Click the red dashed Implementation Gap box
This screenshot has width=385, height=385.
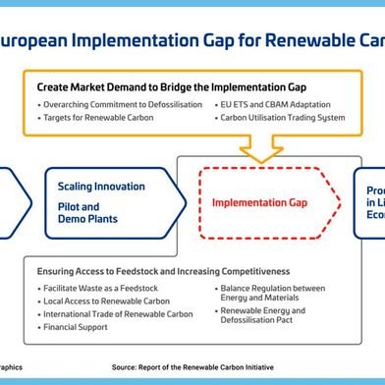[260, 203]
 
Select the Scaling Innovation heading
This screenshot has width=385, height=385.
[101, 187]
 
